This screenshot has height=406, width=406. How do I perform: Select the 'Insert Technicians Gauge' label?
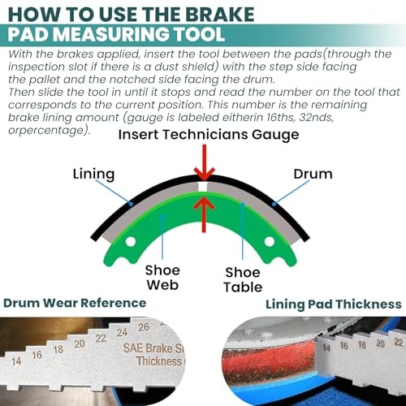click(209, 135)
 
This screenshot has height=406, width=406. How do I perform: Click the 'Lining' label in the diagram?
click(93, 175)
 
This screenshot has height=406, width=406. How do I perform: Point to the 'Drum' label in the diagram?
click(313, 174)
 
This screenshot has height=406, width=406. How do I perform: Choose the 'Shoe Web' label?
click(162, 278)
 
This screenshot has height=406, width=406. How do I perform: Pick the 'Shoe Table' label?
click(243, 279)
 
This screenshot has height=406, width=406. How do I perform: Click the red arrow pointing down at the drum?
click(205, 162)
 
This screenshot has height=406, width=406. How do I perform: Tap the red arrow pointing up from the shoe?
click(204, 214)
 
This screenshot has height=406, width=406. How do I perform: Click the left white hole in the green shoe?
click(131, 242)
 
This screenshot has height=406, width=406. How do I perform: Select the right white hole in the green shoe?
click(270, 241)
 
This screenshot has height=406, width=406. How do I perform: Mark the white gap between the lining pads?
click(203, 187)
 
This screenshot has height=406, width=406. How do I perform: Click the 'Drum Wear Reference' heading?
click(75, 303)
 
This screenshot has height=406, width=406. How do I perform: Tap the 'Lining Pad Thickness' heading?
click(334, 304)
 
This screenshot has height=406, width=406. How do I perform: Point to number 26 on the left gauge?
click(144, 327)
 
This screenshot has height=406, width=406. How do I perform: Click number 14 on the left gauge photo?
click(16, 361)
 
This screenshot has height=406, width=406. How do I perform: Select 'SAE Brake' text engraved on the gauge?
click(148, 348)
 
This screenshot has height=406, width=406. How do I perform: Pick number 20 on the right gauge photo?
click(380, 343)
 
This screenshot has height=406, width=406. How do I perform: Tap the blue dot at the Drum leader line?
click(274, 204)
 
